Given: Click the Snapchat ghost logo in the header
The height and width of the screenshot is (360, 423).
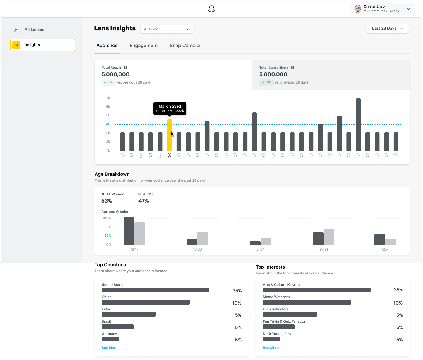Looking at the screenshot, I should (x=211, y=9).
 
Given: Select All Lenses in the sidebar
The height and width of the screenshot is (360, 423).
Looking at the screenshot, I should (x=34, y=29).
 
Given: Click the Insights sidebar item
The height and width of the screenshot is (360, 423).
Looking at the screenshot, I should (x=43, y=45).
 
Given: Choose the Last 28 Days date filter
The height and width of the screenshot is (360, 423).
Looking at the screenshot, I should (x=387, y=29).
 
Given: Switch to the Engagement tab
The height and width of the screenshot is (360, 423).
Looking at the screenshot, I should (x=143, y=46).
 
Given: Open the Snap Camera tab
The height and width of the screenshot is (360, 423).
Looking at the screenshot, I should (x=185, y=46).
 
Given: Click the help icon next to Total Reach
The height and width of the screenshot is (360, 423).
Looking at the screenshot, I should (x=125, y=67).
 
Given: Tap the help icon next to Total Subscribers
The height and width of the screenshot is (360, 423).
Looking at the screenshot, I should (x=293, y=67).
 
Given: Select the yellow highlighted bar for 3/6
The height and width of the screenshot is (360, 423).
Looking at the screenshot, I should (x=169, y=135).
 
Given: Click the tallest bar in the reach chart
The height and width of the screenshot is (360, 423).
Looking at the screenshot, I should (x=358, y=125).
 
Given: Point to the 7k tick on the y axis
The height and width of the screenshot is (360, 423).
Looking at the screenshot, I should (x=108, y=98).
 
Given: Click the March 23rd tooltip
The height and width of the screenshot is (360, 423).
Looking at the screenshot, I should (x=170, y=108).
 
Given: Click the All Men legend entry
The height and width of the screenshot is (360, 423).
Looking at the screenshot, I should (x=149, y=194).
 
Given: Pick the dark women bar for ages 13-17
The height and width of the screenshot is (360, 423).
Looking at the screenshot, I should (x=129, y=231).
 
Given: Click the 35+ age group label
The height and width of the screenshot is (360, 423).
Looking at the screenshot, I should (x=385, y=250).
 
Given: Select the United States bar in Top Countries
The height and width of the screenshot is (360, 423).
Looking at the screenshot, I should (x=155, y=290).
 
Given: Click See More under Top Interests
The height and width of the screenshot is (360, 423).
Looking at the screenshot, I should (x=271, y=348).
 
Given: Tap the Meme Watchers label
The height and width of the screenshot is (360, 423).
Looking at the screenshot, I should (x=276, y=297).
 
